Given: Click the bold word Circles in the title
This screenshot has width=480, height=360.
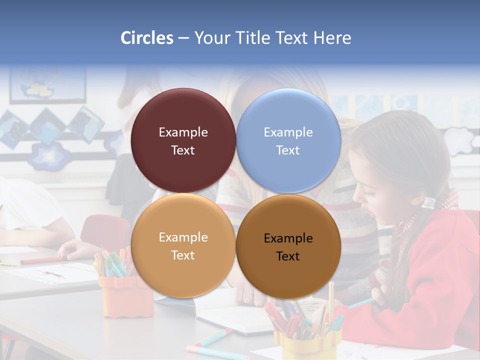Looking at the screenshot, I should pyautogui.click(x=147, y=38).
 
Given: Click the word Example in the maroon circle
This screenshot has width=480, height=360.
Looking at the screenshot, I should pyautogui.click(x=183, y=132).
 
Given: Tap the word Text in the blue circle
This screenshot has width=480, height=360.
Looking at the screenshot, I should pyautogui.click(x=288, y=150).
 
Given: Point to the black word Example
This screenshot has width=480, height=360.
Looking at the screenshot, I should pyautogui.click(x=288, y=238).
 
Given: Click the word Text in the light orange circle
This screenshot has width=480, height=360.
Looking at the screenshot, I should pyautogui.click(x=183, y=255).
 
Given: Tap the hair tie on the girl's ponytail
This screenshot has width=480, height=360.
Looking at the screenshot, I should pyautogui.click(x=428, y=202).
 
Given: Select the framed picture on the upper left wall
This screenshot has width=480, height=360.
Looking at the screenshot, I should pyautogui.click(x=47, y=85).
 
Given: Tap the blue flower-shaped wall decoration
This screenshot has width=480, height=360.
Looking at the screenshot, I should pyautogui.click(x=49, y=156).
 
